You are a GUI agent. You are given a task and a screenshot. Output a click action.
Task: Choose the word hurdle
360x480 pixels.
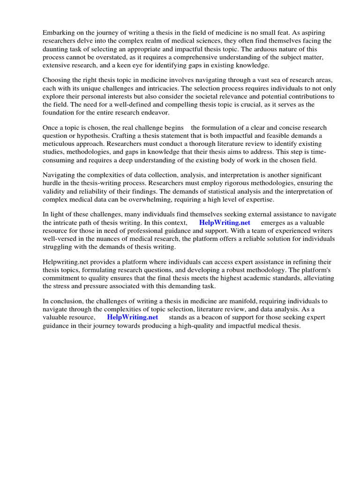pyautogui.click(x=53, y=183)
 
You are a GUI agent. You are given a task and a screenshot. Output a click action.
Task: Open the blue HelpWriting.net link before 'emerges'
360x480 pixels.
pyautogui.click(x=225, y=223)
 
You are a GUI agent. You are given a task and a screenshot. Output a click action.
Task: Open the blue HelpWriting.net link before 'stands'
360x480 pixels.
pyautogui.click(x=133, y=317)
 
